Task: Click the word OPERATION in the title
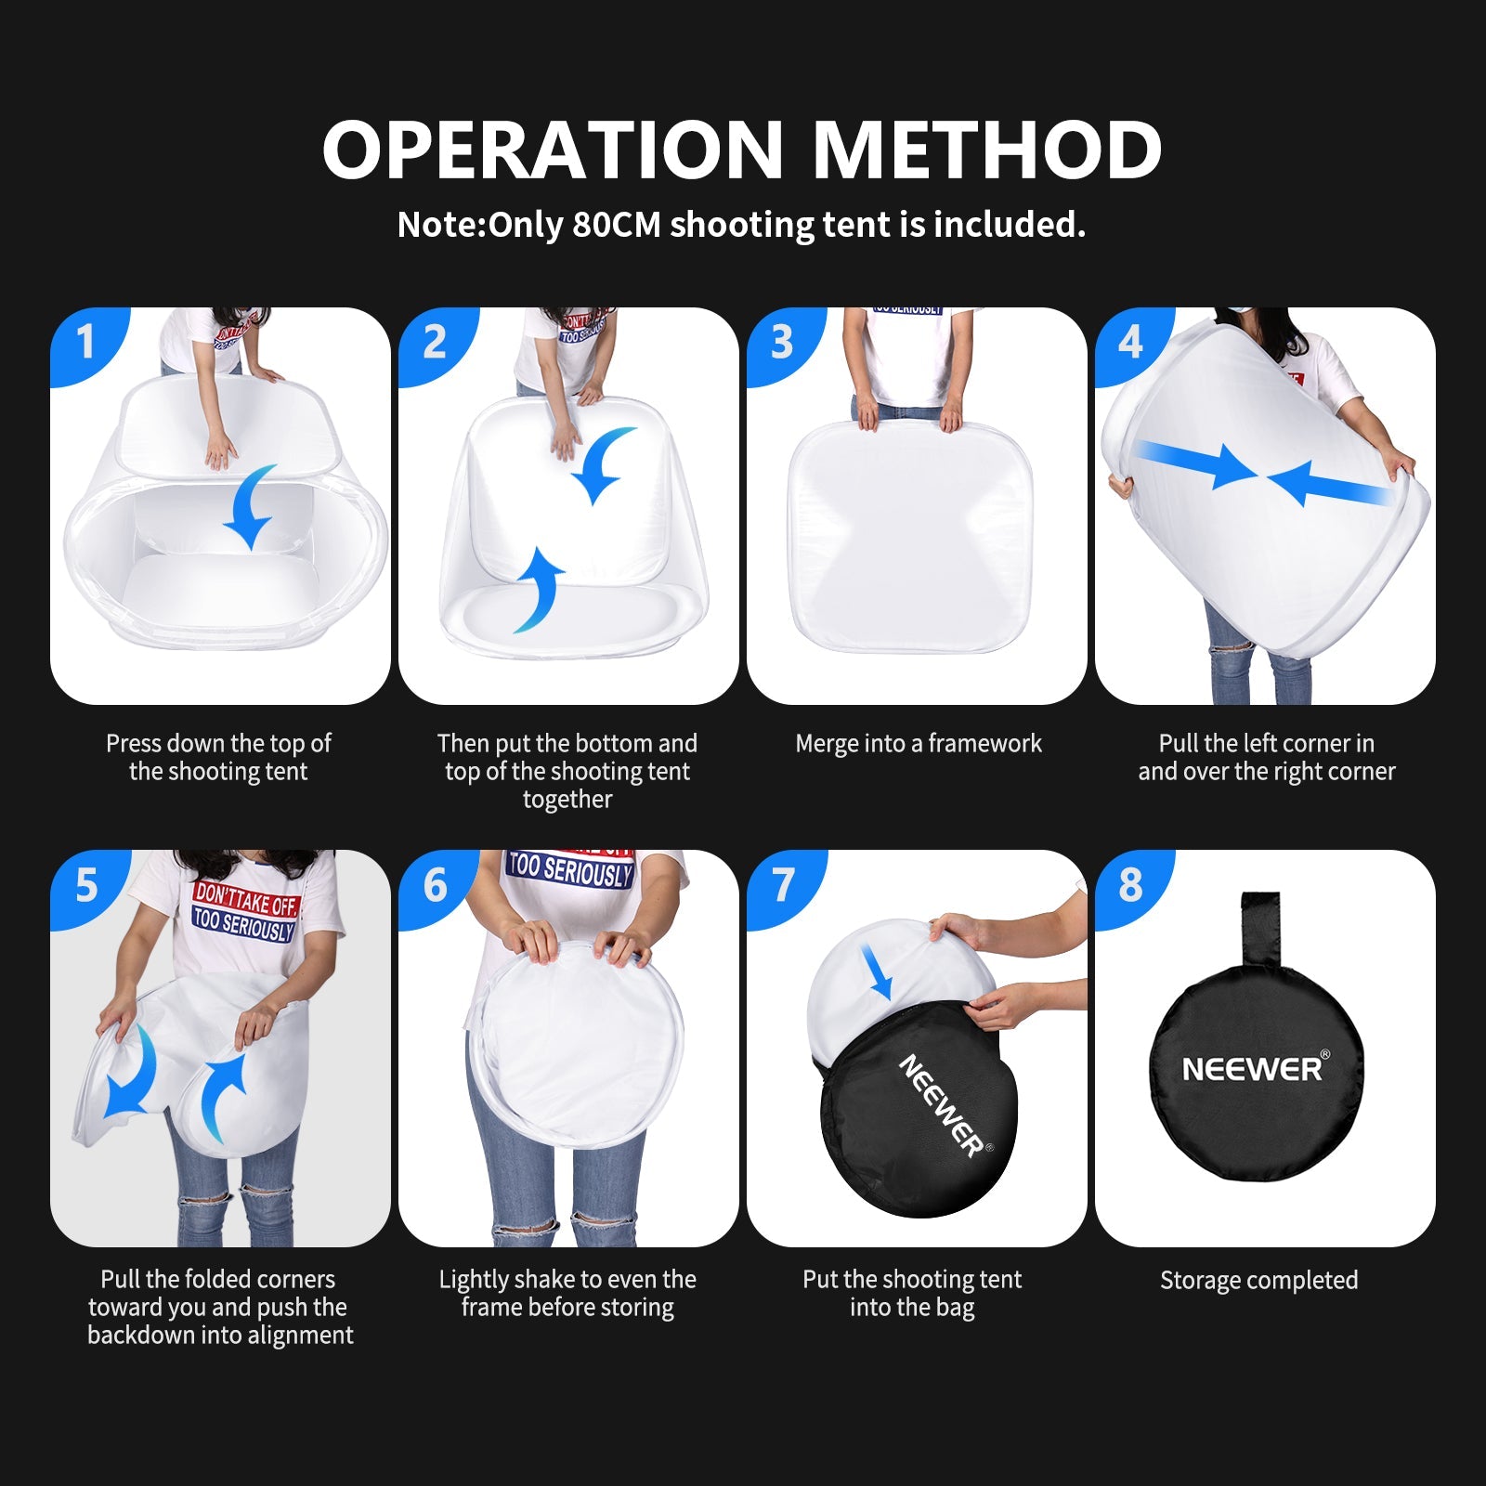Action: pos(554,150)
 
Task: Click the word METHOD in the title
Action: pos(986,150)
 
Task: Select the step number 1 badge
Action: pos(85,342)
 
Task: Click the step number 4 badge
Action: pos(1130,342)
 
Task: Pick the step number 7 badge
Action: pos(782,884)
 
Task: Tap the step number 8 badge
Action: pos(1130,884)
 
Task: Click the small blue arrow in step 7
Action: pos(877,971)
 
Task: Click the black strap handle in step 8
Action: pos(1260,929)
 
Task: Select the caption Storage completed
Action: pos(1258,1280)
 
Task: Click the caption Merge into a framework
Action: pos(918,743)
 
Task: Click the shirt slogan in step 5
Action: pos(244,912)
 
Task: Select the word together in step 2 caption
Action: pos(567,800)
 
